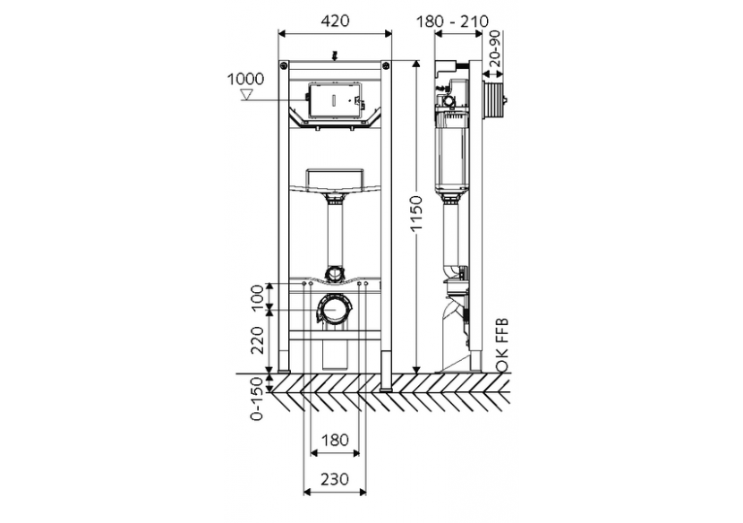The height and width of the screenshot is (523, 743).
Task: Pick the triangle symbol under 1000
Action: (x=250, y=92)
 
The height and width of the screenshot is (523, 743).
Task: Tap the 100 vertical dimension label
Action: (x=256, y=296)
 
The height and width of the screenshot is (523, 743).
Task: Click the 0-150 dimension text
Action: (x=257, y=398)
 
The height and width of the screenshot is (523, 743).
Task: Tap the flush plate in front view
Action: (x=335, y=99)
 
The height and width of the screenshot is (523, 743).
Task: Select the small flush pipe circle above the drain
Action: (x=335, y=272)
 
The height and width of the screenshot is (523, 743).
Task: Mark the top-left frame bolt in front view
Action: (x=285, y=65)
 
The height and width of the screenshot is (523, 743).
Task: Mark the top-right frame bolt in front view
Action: (x=386, y=65)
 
